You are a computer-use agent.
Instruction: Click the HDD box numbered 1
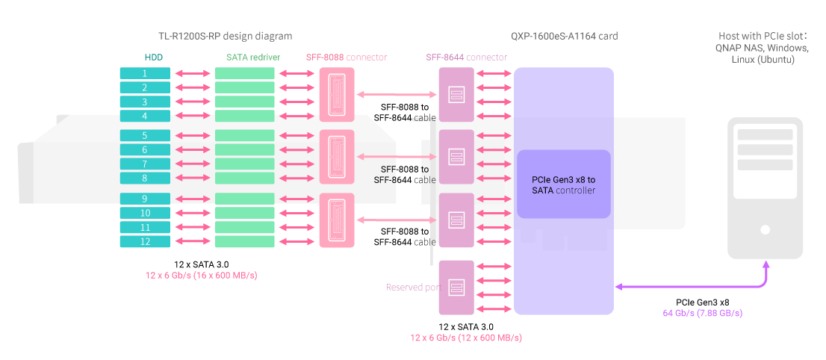(x=145, y=73)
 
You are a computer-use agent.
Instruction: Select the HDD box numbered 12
(x=145, y=241)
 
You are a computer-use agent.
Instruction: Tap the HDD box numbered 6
(x=145, y=149)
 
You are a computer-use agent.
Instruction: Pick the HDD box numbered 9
(x=145, y=199)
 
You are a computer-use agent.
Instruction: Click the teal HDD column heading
(x=154, y=57)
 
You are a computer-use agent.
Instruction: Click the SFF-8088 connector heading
(x=346, y=57)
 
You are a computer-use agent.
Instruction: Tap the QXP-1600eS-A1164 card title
(x=564, y=35)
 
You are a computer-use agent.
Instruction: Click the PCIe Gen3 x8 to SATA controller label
(x=564, y=185)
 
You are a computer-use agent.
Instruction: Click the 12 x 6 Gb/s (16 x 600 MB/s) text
(x=207, y=275)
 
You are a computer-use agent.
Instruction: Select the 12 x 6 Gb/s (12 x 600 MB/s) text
(x=466, y=338)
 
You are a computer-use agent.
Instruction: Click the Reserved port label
(x=411, y=287)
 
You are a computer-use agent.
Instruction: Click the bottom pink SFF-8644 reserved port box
(x=457, y=287)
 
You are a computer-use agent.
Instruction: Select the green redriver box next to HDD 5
(x=244, y=136)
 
